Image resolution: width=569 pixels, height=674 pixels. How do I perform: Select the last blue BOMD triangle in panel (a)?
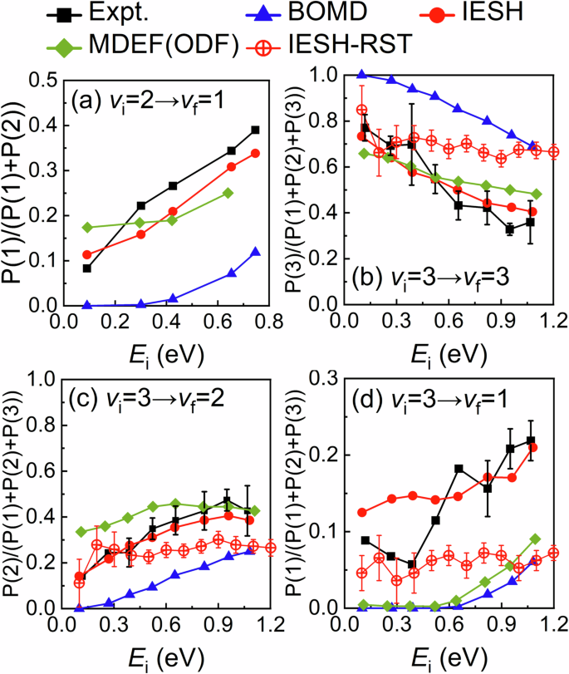255,252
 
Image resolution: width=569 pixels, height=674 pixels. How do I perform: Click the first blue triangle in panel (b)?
361,74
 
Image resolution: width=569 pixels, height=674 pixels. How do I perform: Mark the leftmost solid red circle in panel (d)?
361,512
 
